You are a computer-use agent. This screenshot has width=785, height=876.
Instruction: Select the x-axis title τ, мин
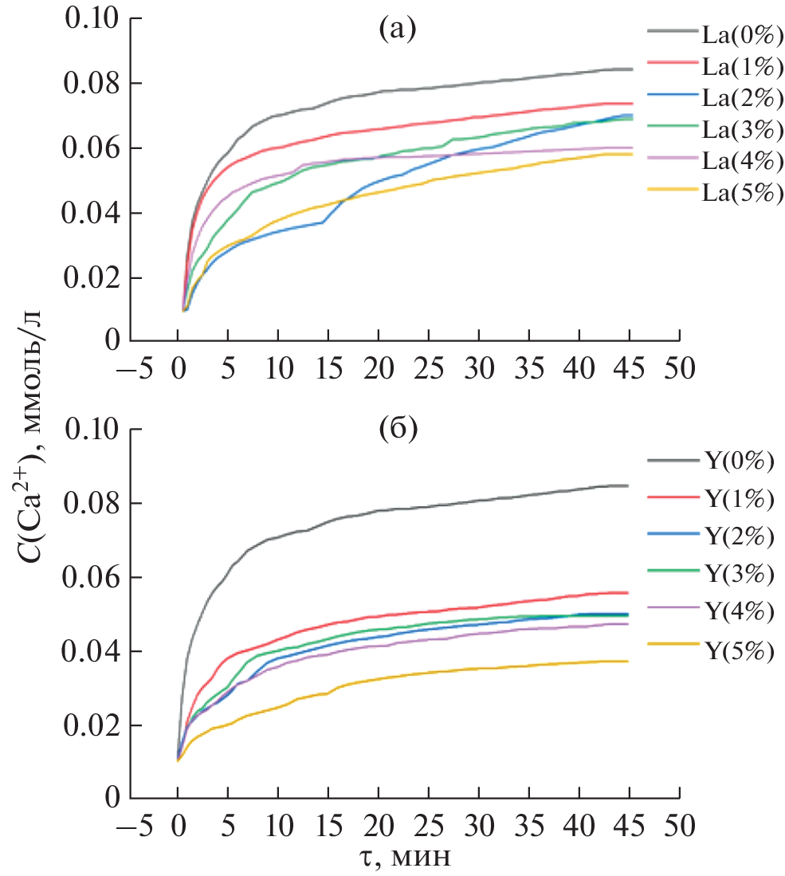click(x=405, y=857)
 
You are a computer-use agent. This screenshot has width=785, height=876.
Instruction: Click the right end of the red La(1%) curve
click(x=632, y=103)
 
